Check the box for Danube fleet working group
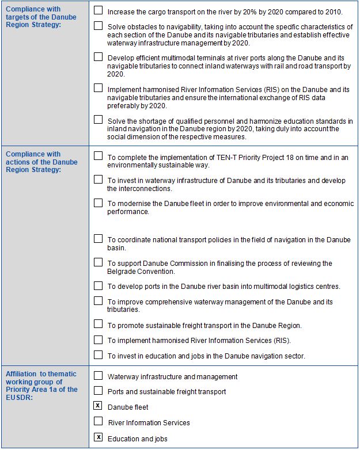point(98,406)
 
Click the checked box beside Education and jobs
point(98,438)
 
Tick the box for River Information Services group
point(98,422)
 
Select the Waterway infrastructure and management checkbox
point(98,376)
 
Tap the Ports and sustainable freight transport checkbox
point(98,391)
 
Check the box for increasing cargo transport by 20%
point(98,10)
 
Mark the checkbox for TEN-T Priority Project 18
point(98,156)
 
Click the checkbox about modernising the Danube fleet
point(98,203)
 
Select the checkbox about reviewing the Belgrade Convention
point(98,262)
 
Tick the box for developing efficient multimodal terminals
point(98,57)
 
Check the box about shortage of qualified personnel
point(98,120)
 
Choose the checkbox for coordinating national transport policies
point(98,239)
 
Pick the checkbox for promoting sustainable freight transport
point(98,324)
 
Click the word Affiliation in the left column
point(21,374)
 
